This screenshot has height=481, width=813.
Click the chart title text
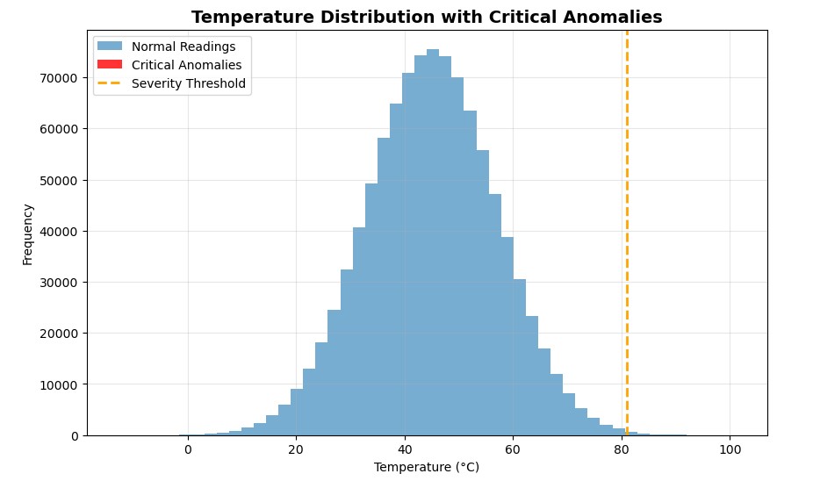click(x=427, y=17)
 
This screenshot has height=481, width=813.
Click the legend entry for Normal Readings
click(x=183, y=47)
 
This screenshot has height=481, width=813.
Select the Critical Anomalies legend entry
click(x=186, y=65)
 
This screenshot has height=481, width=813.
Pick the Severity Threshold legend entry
click(x=189, y=84)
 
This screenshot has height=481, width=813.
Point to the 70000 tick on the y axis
click(x=62, y=78)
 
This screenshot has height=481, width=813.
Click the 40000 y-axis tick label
click(x=62, y=232)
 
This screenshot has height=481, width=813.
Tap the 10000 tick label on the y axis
click(x=62, y=384)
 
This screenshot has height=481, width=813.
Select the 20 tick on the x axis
click(x=296, y=449)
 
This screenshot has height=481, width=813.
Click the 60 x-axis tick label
click(x=513, y=449)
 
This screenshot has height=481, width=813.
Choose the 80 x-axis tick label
click(x=621, y=449)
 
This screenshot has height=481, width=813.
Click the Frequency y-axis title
click(x=28, y=234)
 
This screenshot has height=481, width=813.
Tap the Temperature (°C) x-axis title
click(x=427, y=467)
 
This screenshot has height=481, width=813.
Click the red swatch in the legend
click(x=110, y=65)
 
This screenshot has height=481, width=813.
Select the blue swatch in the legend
click(x=110, y=47)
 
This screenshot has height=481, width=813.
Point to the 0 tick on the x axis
click(x=188, y=449)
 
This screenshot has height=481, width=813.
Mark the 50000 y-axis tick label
click(x=62, y=180)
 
